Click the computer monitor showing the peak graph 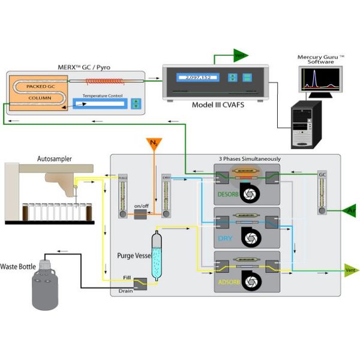tap(319, 80)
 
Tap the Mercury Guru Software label tap(322, 59)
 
